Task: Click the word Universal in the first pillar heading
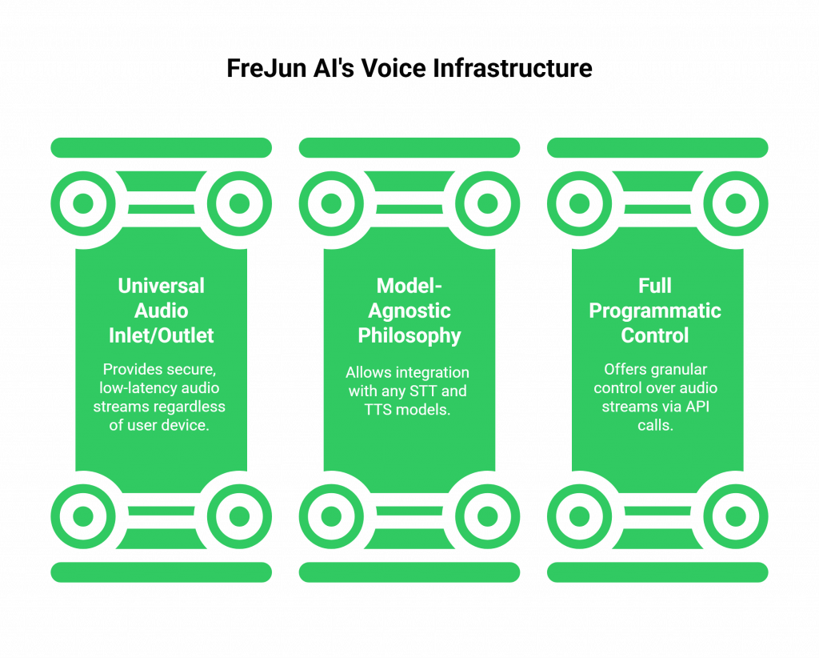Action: pyautogui.click(x=161, y=286)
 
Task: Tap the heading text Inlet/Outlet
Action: pyautogui.click(x=161, y=335)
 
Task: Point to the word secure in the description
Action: pyautogui.click(x=194, y=370)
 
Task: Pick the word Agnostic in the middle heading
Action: pyautogui.click(x=409, y=311)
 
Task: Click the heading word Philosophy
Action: pyautogui.click(x=409, y=335)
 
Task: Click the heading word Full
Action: pyautogui.click(x=655, y=286)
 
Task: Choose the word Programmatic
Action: pyautogui.click(x=655, y=311)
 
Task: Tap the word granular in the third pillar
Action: pyautogui.click(x=677, y=370)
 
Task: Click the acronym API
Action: pyautogui.click(x=703, y=407)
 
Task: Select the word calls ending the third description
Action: pyautogui.click(x=655, y=425)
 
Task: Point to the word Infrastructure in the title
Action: pyautogui.click(x=513, y=69)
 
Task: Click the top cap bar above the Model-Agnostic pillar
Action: pyautogui.click(x=409, y=147)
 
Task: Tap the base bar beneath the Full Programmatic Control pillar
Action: pyautogui.click(x=657, y=572)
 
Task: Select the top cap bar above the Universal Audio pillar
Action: pyautogui.click(x=161, y=147)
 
